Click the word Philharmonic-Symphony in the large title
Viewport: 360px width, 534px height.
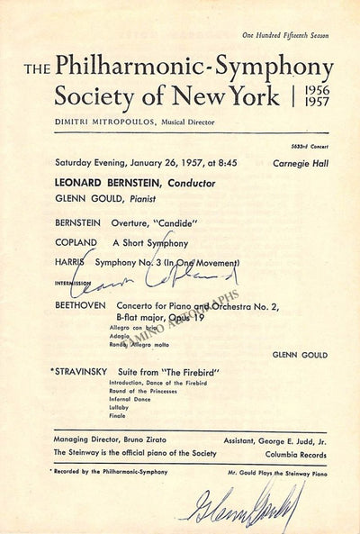pyautogui.click(x=193, y=67)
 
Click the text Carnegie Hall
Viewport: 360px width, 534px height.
pyautogui.click(x=302, y=163)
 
